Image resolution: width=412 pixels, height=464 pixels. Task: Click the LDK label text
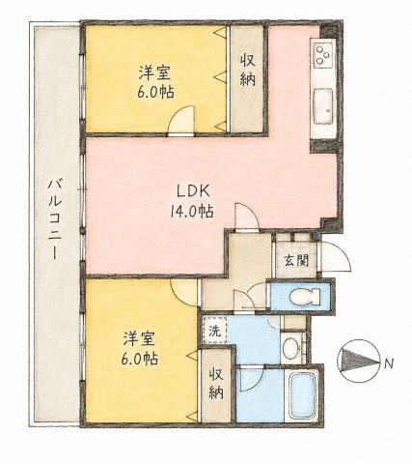194,191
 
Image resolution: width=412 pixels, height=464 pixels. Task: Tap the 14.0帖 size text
192,212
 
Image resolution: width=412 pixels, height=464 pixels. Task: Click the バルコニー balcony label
55,219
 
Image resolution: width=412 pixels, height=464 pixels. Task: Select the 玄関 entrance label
296,260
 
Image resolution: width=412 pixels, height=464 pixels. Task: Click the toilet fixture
305,297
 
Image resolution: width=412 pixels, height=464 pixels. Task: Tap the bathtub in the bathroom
303,395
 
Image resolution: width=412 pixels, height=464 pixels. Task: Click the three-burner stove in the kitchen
322,55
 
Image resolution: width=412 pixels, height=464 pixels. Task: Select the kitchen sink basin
323,106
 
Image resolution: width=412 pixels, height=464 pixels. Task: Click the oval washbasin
291,349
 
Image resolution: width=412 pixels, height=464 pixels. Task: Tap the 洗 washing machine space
214,331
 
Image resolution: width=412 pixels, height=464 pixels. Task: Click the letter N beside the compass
389,363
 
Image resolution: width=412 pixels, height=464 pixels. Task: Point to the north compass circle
358,362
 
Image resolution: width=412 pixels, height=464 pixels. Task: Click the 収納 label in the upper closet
248,70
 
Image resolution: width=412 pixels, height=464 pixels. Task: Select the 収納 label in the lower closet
216,384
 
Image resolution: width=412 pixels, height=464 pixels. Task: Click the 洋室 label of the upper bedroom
154,72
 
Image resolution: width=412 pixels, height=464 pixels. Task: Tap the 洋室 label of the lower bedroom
140,339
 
